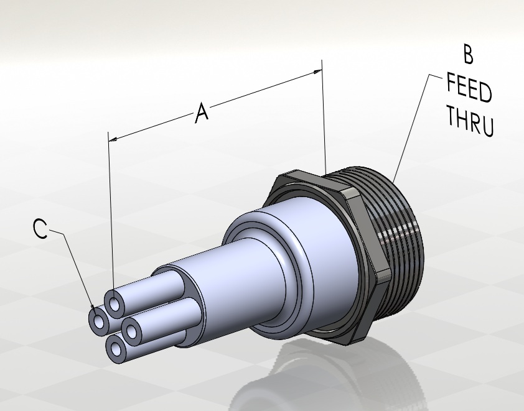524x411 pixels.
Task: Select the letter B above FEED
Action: click(x=469, y=55)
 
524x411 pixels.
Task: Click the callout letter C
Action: click(x=40, y=230)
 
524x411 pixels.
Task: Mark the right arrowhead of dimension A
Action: click(x=319, y=72)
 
